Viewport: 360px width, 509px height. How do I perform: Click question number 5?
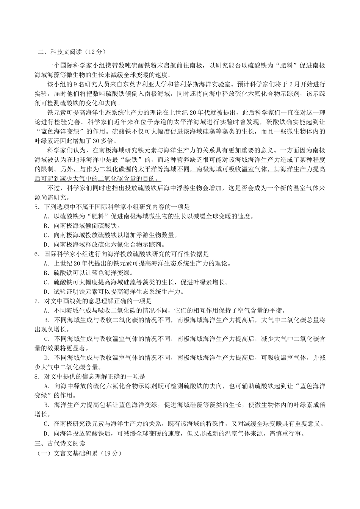[x=37, y=207]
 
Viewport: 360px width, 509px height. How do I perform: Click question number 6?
[x=37, y=254]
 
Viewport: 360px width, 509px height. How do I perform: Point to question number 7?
[x=37, y=301]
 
